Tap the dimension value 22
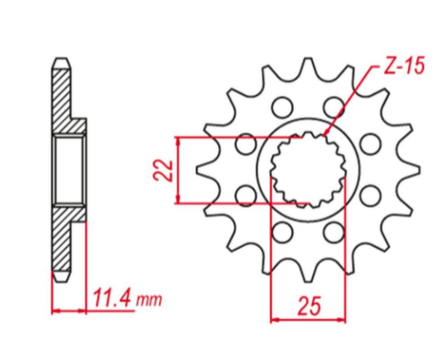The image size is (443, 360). [163, 170]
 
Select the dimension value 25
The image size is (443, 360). [309, 306]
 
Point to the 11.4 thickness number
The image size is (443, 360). [113, 298]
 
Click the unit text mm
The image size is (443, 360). [149, 300]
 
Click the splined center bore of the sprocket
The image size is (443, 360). [309, 169]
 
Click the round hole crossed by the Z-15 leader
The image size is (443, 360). [334, 107]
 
